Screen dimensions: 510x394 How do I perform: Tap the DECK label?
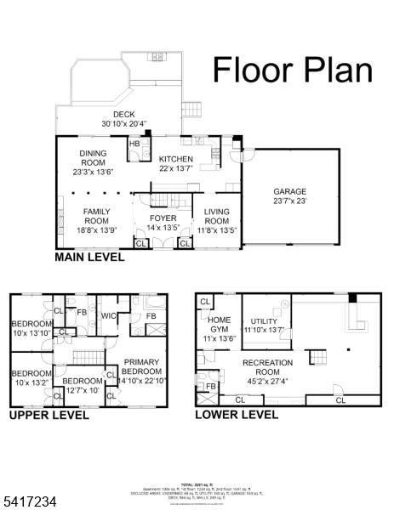pos(123,118)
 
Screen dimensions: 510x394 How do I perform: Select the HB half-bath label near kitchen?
pos(134,144)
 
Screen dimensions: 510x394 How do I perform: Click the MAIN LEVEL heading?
pos(89,257)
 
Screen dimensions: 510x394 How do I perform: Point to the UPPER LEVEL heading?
pos(49,416)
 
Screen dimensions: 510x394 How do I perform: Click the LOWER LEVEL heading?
pos(237,416)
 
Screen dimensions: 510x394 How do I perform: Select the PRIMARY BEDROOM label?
pos(141,366)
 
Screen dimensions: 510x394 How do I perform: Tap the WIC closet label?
pos(108,317)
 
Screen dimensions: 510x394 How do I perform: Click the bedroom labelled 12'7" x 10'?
pos(82,385)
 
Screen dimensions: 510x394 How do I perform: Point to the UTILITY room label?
pos(263,325)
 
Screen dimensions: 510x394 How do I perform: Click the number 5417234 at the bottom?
pos(30,502)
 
